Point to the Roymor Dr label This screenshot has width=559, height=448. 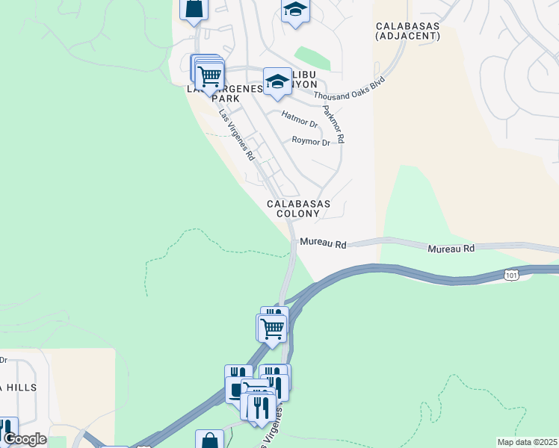(x=311, y=141)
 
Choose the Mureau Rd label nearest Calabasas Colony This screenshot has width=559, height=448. (x=324, y=244)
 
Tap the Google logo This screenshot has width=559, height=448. (x=25, y=438)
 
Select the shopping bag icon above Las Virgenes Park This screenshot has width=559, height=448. (x=194, y=10)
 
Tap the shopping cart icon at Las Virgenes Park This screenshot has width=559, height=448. (x=210, y=75)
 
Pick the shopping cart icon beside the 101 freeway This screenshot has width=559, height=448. (x=272, y=327)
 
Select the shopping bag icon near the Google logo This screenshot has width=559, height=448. (x=209, y=441)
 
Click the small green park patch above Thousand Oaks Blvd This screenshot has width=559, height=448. (x=312, y=58)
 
